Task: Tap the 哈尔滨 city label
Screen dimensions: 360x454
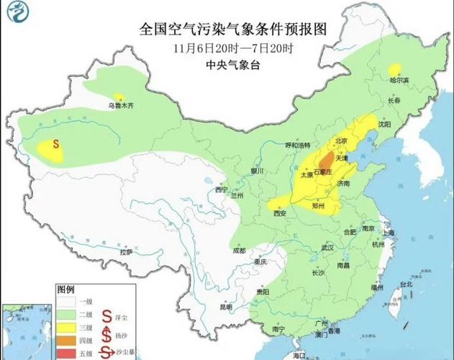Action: [x=399, y=80]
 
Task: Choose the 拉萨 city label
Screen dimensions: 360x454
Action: [x=126, y=252]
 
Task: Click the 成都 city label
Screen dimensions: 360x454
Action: [x=239, y=251]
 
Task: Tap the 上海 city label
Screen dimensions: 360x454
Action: [x=389, y=233]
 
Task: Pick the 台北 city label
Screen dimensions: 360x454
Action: [x=407, y=284]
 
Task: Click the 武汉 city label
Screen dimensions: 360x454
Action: [x=330, y=247]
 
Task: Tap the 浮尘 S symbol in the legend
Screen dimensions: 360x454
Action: [x=107, y=315]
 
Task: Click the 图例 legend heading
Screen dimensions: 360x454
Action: [x=65, y=289]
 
